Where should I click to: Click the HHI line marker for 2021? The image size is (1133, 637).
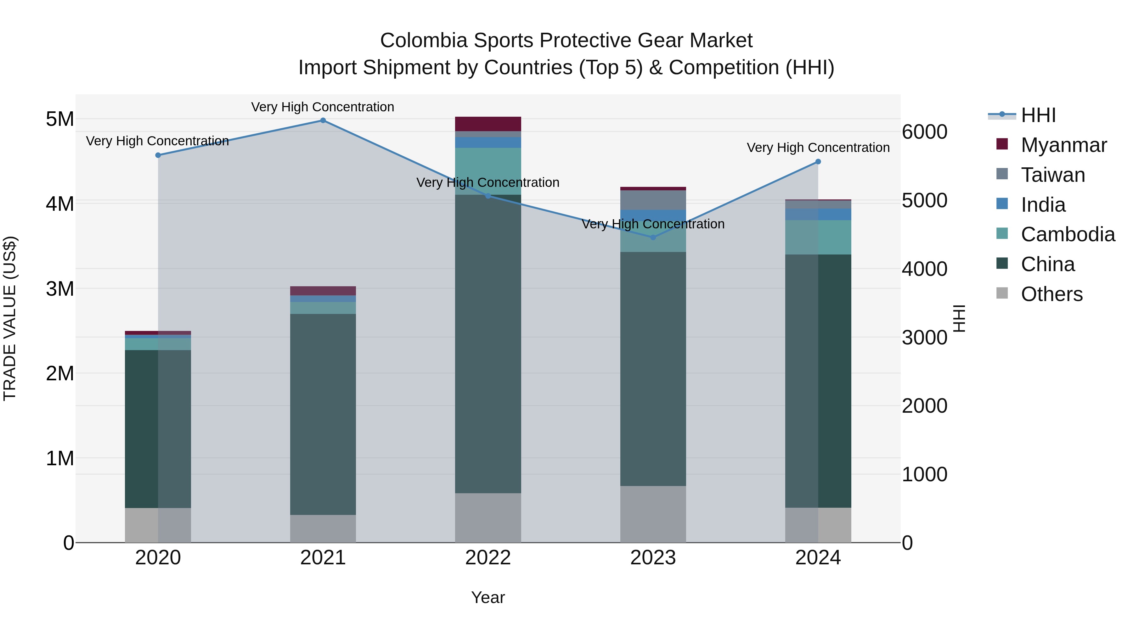(x=323, y=120)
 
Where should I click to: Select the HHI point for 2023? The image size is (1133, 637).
(x=653, y=237)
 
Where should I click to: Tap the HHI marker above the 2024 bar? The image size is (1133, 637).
(x=818, y=162)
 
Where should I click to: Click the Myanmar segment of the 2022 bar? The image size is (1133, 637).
(x=488, y=124)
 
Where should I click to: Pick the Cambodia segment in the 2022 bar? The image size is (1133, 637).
(x=488, y=171)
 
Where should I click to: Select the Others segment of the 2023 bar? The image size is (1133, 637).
(x=653, y=514)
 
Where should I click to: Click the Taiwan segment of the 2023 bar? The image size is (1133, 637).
(x=653, y=200)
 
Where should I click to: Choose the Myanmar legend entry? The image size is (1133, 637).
(x=1063, y=145)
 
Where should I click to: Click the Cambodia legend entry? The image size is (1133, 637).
(x=1068, y=234)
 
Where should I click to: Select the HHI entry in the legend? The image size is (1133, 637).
(x=1038, y=115)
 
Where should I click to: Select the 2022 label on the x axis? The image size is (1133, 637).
(x=488, y=558)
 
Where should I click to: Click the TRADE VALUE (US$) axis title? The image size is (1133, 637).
(x=10, y=318)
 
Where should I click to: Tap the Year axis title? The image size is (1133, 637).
(x=488, y=597)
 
